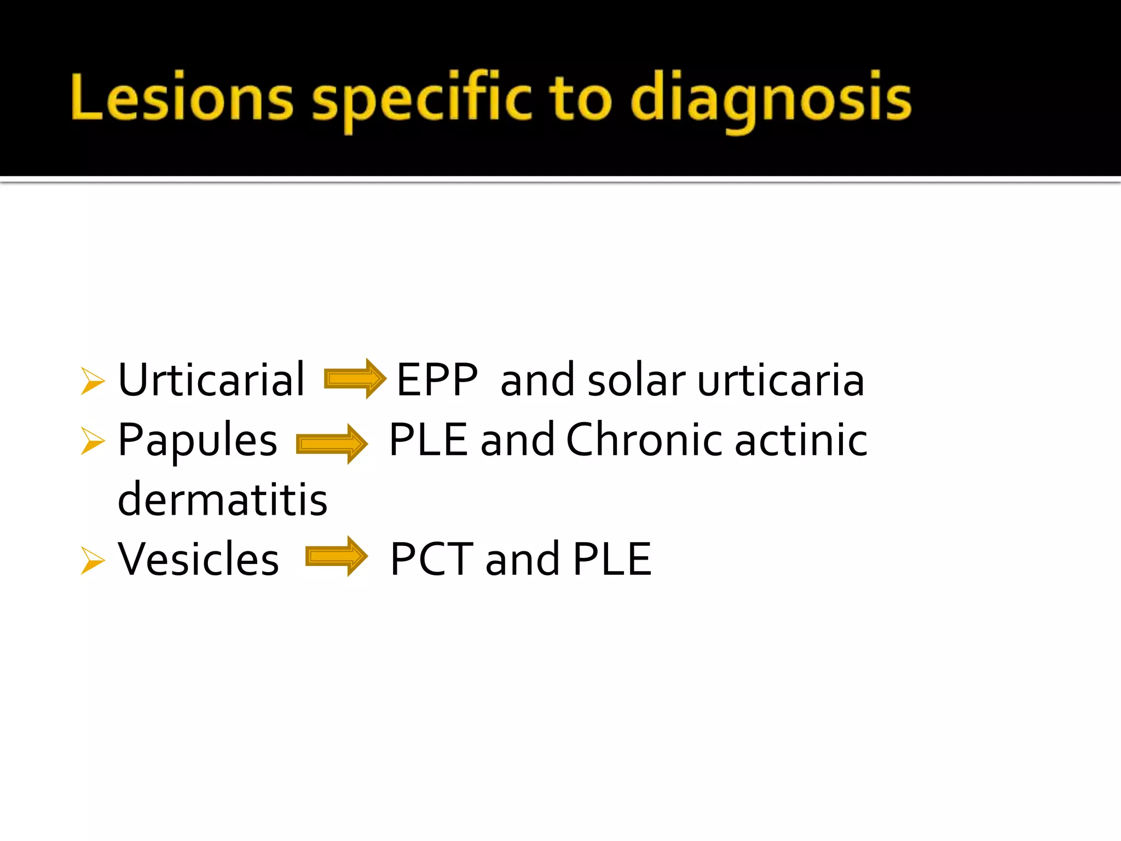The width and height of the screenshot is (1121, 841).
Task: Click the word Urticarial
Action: (x=211, y=379)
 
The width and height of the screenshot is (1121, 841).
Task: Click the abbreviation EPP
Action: (x=437, y=379)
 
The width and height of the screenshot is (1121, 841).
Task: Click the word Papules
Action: (x=198, y=441)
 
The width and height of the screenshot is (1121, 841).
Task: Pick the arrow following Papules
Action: (x=332, y=443)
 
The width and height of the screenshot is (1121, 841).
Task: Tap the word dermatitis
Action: (x=222, y=499)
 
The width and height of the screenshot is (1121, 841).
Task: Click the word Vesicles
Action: (x=198, y=559)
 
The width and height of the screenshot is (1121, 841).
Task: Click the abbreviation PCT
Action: (x=431, y=559)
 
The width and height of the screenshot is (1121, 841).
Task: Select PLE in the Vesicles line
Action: (x=612, y=559)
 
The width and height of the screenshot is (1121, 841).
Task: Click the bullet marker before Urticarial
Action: (x=92, y=381)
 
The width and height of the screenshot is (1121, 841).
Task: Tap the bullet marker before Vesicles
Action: (x=92, y=561)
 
